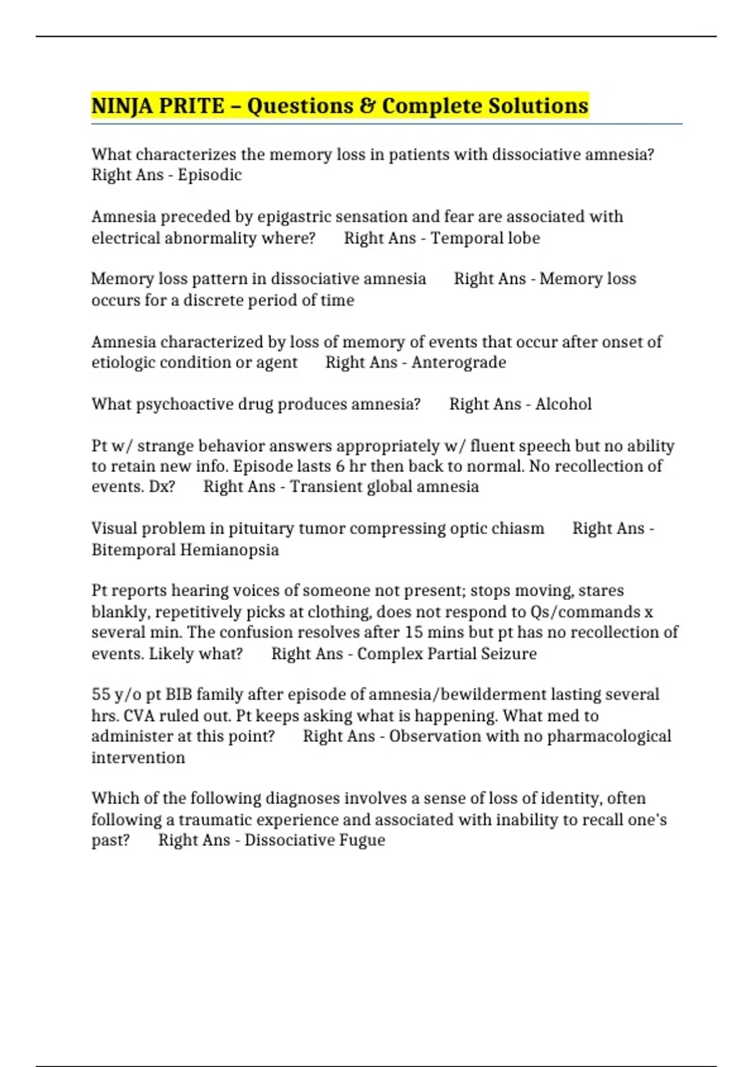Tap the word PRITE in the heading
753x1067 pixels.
[191, 106]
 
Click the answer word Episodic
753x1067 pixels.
[210, 175]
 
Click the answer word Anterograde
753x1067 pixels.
[459, 363]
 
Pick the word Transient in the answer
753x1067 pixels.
[319, 487]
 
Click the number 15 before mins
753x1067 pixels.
[413, 632]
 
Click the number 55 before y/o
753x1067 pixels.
[101, 694]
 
